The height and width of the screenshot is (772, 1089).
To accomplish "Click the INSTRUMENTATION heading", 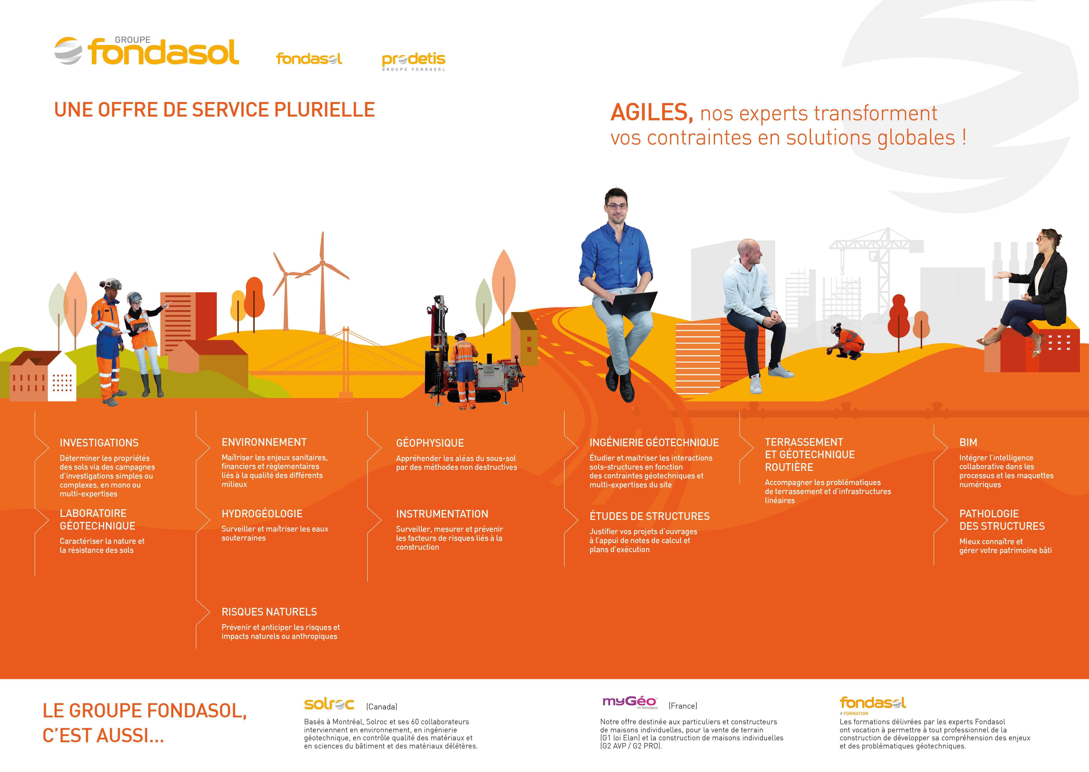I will coord(442,514).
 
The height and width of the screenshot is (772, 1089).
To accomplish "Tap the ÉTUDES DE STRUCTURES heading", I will coord(649,516).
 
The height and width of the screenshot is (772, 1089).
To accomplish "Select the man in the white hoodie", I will coord(754,309).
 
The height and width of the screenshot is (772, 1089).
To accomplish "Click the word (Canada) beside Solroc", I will coord(381,707).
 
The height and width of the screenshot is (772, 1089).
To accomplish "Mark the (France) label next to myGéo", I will coord(682,706).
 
